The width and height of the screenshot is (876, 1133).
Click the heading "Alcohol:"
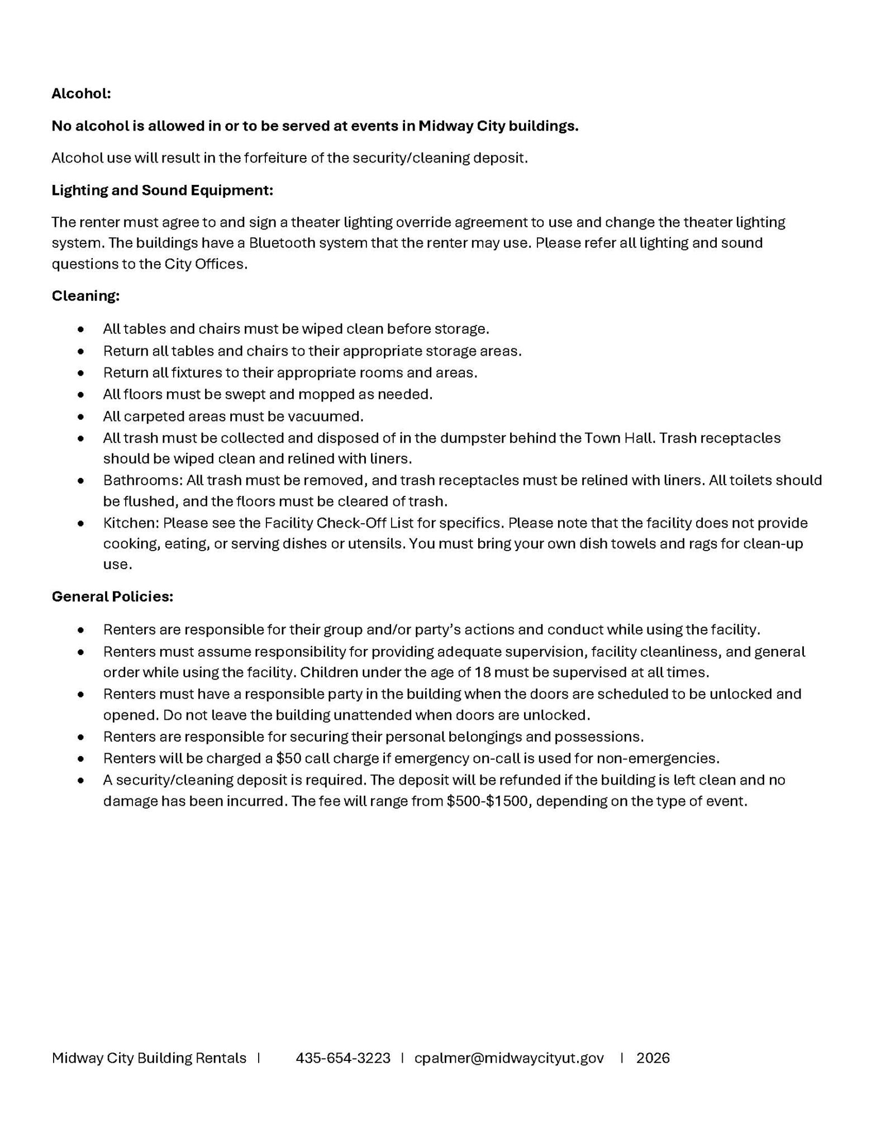point(81,93)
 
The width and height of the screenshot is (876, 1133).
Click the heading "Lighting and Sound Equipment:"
point(162,190)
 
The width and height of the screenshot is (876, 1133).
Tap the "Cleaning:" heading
point(85,295)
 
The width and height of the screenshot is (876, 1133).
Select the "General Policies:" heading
point(112,596)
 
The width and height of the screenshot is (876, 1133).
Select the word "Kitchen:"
point(131,523)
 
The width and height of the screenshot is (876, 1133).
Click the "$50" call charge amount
point(288,758)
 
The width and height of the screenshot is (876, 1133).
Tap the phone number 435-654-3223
point(343,1058)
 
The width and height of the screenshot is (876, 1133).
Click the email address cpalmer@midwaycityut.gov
point(509,1058)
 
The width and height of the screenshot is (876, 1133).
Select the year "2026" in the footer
point(653,1058)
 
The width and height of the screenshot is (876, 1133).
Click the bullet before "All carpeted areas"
point(82,417)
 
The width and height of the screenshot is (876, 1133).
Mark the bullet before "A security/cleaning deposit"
point(82,780)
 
